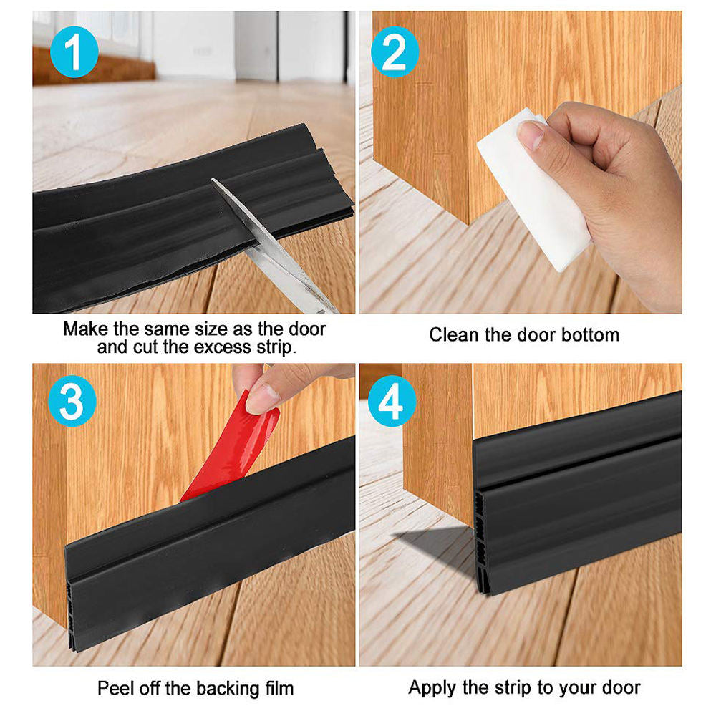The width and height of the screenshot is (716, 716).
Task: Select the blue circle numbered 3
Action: tap(72, 403)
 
